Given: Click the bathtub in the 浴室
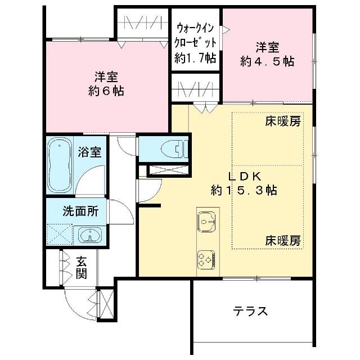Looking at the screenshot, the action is (x=60, y=165).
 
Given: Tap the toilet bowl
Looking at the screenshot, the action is (x=174, y=150).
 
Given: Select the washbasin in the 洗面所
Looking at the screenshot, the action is (x=90, y=235).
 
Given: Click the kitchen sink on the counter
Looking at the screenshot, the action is (x=206, y=221).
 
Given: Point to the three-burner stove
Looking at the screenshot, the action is (x=206, y=259).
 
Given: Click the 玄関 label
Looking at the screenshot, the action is (x=82, y=268).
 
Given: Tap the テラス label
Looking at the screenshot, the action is (x=250, y=312).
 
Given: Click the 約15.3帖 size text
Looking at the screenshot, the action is (x=244, y=190).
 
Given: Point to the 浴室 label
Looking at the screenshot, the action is (x=89, y=152).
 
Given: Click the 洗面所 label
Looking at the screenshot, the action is (x=80, y=211).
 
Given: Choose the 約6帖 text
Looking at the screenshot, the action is (x=106, y=91).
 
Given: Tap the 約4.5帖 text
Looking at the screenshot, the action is (x=267, y=61).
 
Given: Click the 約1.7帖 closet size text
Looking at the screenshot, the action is (x=195, y=58).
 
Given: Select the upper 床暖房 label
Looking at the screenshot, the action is (x=283, y=121).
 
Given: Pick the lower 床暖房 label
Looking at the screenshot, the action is (x=283, y=241).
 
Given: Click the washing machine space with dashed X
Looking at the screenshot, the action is (x=60, y=235).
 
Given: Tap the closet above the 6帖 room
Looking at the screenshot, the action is (x=143, y=23).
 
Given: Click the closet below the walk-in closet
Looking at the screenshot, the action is (x=196, y=88).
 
